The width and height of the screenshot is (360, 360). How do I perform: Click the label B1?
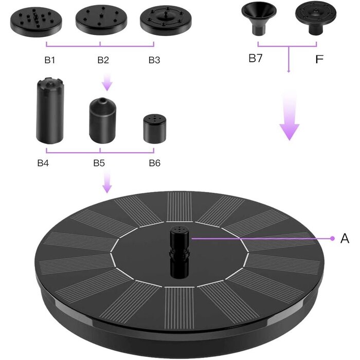pos(49,60)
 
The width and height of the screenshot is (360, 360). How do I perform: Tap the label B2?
pos(103,60)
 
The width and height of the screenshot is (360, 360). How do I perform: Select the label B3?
pos(154,60)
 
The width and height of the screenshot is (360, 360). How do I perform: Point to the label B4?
pos(43,164)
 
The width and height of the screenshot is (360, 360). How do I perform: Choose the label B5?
pos(99,164)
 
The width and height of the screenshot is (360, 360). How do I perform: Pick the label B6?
pos(154,164)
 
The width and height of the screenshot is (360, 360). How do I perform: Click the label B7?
pos(256,59)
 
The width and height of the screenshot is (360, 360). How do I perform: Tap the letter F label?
pos(319,59)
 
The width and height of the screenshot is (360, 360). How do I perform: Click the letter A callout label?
pos(345,239)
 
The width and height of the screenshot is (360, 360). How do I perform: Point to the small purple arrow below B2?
pos(106,81)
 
